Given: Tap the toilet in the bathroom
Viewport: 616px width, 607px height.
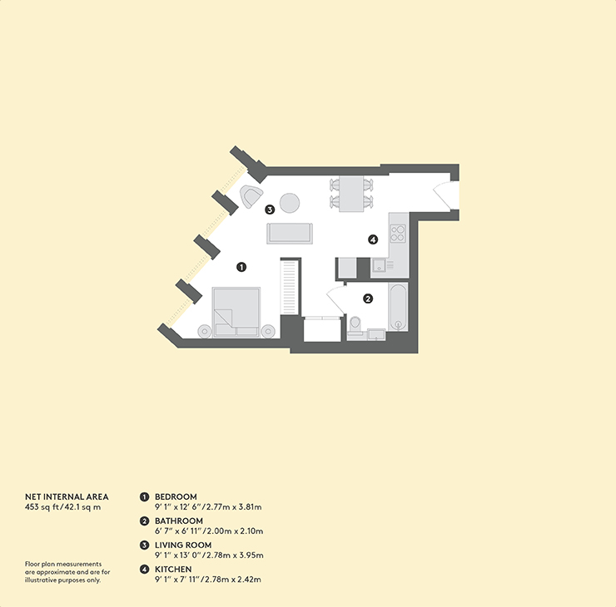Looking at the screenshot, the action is (x=355, y=327).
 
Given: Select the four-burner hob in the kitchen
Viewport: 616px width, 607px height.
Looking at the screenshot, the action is (x=398, y=233).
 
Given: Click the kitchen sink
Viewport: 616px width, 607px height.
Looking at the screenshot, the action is (x=379, y=265).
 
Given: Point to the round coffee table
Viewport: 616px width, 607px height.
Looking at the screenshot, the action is (x=290, y=203).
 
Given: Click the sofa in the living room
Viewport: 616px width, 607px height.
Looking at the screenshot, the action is (x=290, y=234).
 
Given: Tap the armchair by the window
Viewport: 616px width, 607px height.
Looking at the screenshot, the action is (x=251, y=196).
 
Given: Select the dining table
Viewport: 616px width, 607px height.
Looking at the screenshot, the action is (x=350, y=194).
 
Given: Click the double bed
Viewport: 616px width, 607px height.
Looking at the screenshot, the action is (x=236, y=312).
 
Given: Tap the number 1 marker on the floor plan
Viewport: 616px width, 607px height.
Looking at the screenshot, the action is (x=241, y=267).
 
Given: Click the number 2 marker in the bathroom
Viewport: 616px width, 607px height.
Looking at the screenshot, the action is (x=368, y=299).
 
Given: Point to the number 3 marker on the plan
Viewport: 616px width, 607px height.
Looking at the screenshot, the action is (x=270, y=210).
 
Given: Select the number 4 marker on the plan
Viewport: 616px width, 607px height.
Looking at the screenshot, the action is (x=373, y=239).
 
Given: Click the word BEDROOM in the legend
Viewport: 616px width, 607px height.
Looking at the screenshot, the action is (x=176, y=496).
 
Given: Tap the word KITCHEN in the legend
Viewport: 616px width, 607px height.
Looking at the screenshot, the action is (x=173, y=570).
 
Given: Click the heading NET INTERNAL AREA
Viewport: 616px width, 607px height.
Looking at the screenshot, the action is (x=67, y=496).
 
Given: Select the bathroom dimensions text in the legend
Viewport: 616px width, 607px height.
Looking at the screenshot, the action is (x=209, y=531).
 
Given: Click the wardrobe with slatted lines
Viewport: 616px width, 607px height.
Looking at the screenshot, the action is (x=289, y=287).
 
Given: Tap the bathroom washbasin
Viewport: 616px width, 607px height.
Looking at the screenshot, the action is (x=376, y=335).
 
